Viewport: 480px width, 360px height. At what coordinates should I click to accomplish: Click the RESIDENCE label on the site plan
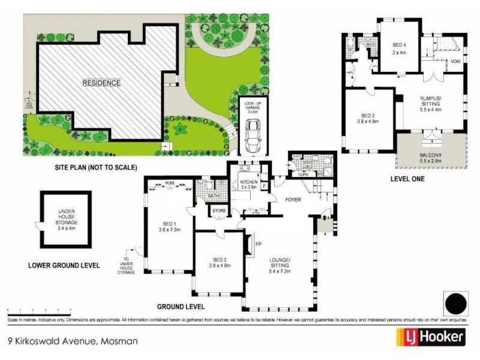tap(101, 83)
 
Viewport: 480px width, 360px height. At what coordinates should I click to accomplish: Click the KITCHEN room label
tap(248, 184)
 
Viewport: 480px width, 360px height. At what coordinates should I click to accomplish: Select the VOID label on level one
tap(456, 61)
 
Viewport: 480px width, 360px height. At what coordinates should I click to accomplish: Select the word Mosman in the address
tap(119, 341)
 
